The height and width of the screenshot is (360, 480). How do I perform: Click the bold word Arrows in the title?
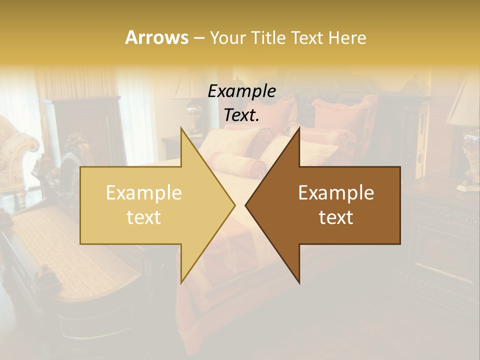[x=156, y=37]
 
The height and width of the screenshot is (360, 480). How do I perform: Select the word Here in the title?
[x=348, y=37]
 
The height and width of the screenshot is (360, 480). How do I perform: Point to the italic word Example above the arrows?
[x=242, y=91]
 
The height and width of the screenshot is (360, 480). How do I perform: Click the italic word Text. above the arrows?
[x=242, y=115]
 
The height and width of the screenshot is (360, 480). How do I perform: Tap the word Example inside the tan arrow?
[x=144, y=192]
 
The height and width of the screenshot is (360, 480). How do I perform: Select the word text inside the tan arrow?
[x=144, y=217]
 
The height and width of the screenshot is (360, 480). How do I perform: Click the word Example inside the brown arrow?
[x=336, y=192]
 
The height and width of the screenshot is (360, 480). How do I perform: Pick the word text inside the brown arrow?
[x=336, y=217]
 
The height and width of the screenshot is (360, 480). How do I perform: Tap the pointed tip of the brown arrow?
[x=246, y=205]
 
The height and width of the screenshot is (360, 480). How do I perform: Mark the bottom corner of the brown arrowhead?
[x=299, y=282]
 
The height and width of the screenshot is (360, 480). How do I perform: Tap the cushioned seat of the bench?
[x=75, y=250]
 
